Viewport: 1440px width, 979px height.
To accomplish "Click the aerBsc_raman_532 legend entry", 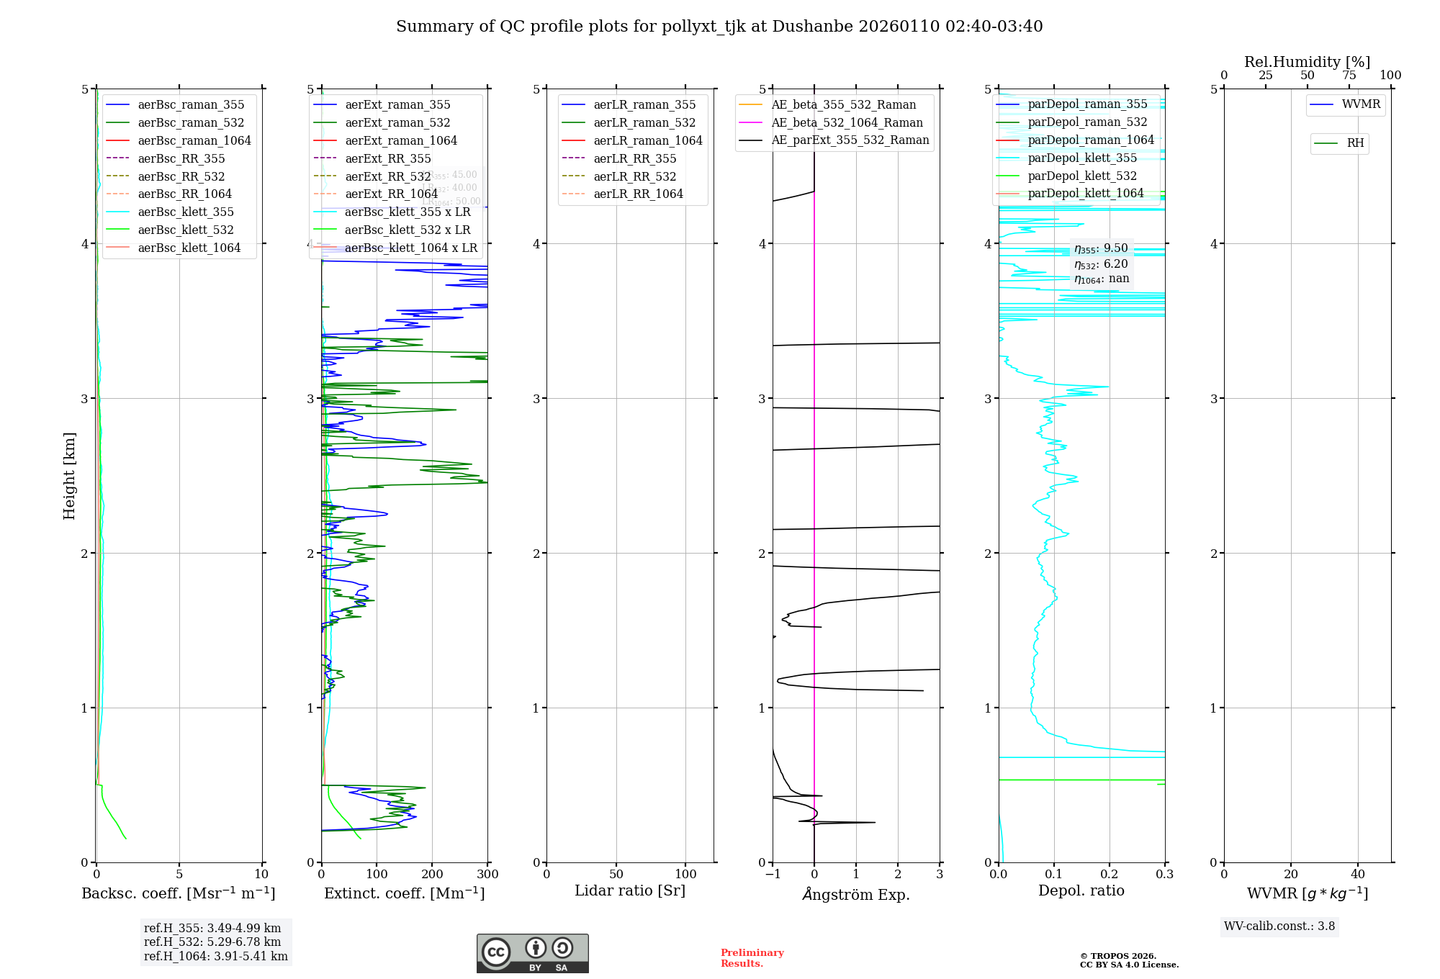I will click(x=191, y=123).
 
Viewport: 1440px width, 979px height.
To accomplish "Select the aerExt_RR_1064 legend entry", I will click(x=391, y=194).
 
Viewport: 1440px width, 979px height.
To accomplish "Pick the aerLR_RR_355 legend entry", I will click(x=634, y=158).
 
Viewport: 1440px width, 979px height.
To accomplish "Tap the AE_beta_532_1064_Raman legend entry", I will click(x=847, y=123).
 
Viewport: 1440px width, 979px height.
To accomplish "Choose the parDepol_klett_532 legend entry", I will click(x=1082, y=176).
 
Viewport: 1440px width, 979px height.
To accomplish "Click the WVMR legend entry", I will click(x=1361, y=104).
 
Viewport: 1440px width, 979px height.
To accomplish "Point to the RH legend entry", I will click(x=1355, y=143).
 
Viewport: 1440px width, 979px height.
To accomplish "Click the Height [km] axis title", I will click(x=69, y=476).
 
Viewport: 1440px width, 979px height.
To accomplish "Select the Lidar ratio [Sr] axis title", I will click(x=630, y=891).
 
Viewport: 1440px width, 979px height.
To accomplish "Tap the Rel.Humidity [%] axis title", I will click(x=1307, y=62).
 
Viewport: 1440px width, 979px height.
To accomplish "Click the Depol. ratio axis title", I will click(x=1081, y=891).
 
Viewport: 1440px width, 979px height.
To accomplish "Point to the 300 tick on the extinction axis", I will click(x=487, y=875).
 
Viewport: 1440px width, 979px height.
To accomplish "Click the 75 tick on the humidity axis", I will click(x=1349, y=76).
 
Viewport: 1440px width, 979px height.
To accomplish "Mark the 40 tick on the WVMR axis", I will click(x=1357, y=875).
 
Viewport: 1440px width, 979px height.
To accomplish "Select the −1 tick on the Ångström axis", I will click(x=773, y=875).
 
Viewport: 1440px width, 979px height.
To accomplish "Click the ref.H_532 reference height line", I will click(x=212, y=942).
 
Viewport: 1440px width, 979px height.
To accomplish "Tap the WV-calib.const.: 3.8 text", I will click(x=1279, y=926).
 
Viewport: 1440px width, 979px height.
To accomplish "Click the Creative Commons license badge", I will click(x=532, y=954).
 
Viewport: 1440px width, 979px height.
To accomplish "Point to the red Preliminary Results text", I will click(x=752, y=958).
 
